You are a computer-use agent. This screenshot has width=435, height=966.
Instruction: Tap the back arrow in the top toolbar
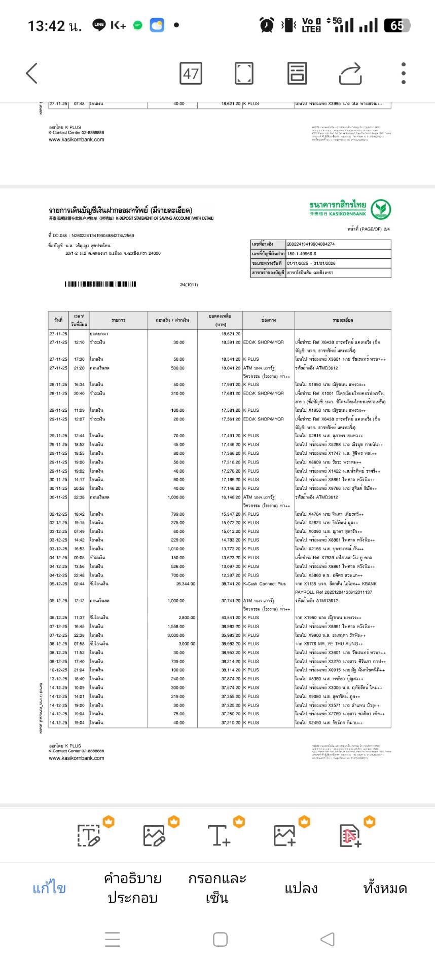31,73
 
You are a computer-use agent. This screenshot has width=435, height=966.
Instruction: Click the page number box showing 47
191,73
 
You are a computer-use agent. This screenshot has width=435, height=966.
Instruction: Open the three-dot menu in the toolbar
404,73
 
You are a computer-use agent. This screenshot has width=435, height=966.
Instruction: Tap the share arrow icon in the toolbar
350,73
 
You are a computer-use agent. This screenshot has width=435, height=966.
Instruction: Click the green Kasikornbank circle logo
381,209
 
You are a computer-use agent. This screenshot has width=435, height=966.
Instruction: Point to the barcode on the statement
100,284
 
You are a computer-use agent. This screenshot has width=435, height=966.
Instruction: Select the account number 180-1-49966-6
302,254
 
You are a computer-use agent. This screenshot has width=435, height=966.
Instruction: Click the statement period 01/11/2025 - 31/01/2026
311,263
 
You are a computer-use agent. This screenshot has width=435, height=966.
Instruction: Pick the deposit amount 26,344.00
186,584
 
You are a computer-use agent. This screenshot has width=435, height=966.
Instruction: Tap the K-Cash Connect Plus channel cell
264,584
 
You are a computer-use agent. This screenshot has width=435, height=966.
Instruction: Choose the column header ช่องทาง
268,320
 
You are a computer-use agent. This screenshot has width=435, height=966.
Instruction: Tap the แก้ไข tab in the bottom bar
49,888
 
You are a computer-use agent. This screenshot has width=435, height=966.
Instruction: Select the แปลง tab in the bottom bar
301,888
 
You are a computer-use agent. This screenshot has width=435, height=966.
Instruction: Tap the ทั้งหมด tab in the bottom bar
385,888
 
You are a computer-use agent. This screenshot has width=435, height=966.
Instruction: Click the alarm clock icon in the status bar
267,25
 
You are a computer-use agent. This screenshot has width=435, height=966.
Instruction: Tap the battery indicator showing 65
397,25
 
